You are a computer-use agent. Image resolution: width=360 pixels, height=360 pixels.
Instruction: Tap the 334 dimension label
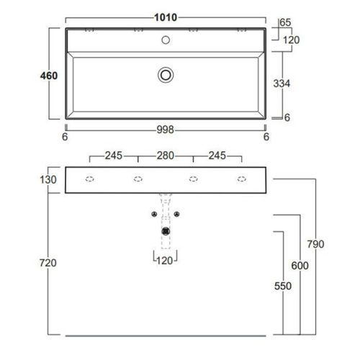coord(282,84)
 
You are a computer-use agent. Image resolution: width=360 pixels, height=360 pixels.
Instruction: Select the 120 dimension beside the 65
coord(290,40)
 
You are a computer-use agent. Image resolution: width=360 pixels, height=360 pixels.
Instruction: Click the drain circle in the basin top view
coord(166,73)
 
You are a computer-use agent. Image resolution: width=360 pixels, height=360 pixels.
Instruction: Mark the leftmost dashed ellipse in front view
coord(90,179)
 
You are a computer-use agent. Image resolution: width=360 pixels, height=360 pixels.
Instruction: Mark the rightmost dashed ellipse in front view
coord(242,179)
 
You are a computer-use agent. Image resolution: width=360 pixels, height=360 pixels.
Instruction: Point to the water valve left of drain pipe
coord(153,214)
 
